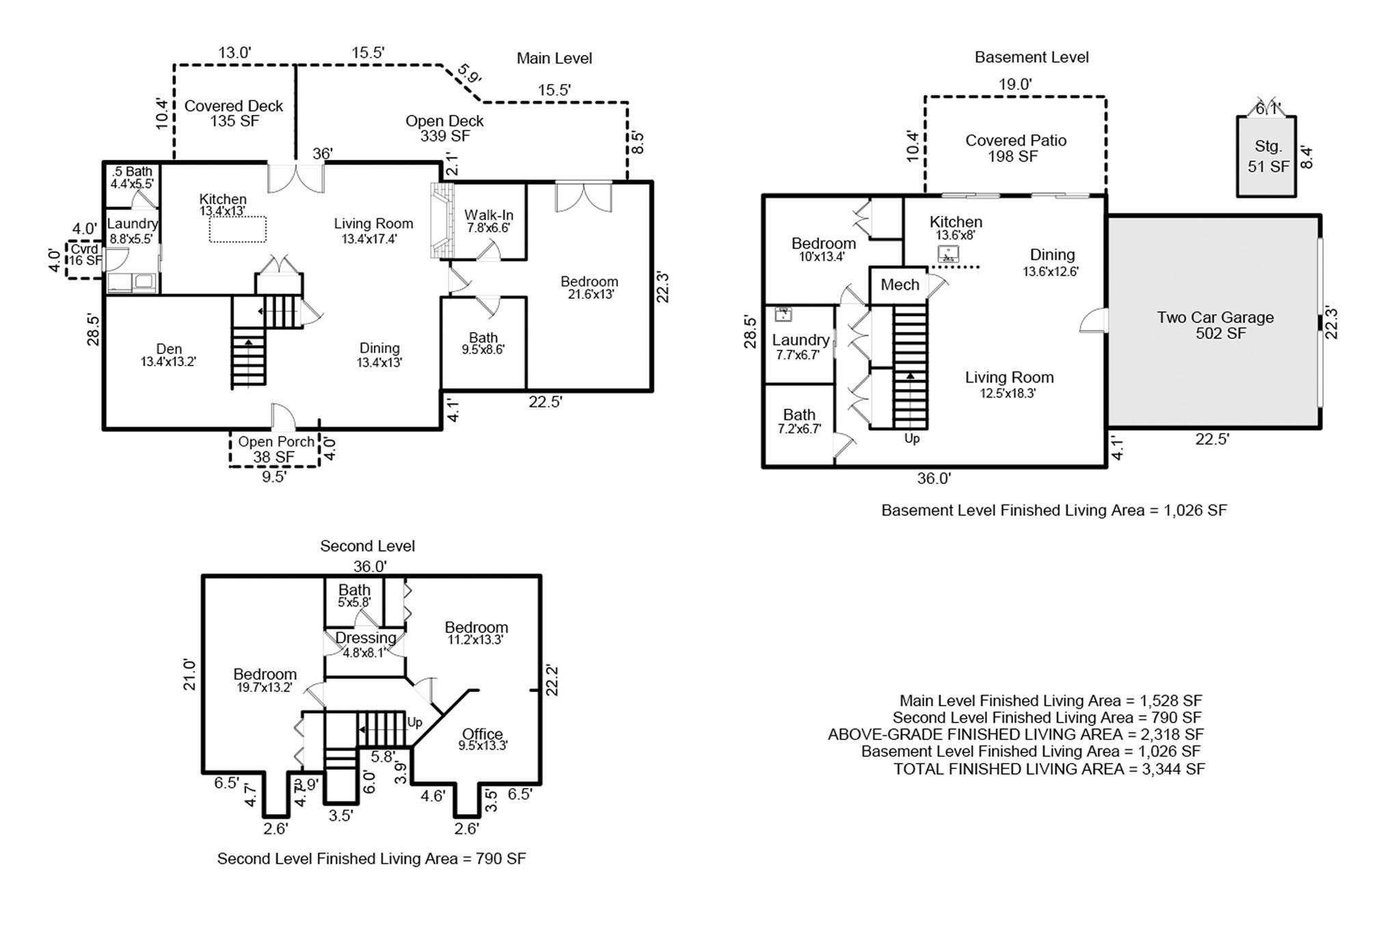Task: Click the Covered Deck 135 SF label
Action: tap(234, 113)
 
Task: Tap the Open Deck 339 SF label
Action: tap(444, 129)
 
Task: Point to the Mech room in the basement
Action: tap(900, 285)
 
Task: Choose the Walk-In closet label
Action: tap(488, 221)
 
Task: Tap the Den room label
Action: tap(168, 355)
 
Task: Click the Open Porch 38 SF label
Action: tap(275, 448)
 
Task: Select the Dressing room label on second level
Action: tap(366, 644)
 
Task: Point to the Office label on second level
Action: tap(483, 739)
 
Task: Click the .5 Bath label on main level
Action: tap(132, 177)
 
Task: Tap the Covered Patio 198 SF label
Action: tap(1015, 148)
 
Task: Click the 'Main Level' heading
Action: tap(554, 59)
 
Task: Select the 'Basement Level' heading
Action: tap(1031, 57)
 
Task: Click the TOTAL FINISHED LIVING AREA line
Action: tap(1049, 769)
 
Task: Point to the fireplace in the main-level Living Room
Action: tap(442, 221)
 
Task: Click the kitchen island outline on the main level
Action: tap(237, 229)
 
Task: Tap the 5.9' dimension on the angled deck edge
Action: tap(470, 74)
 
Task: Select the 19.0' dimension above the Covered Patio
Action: tap(1014, 85)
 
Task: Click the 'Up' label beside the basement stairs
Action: tap(912, 439)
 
